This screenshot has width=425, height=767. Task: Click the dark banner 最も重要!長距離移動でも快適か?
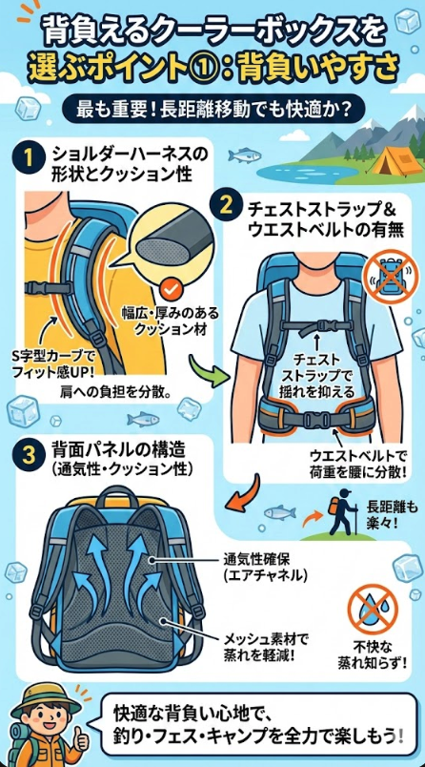(x=212, y=109)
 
